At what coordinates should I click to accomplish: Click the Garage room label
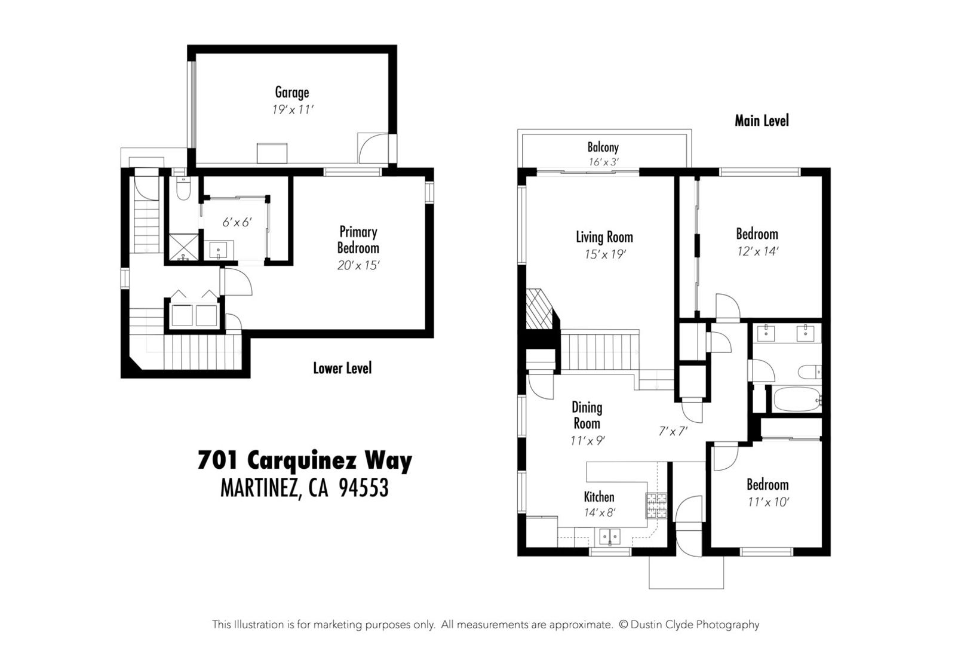point(292,93)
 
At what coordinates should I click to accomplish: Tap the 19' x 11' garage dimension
point(292,110)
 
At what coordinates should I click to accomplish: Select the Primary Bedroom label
point(358,240)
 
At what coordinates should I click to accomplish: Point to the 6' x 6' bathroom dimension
point(237,222)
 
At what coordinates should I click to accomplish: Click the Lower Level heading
point(342,368)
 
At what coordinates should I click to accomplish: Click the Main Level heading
point(762,121)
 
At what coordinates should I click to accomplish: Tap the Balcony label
point(603,148)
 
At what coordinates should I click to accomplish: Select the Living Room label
point(604,237)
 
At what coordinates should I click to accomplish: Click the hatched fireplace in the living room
point(540,309)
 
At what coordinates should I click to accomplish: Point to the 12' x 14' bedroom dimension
point(757,251)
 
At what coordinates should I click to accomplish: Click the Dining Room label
point(587,415)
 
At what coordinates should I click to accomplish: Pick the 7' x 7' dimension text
point(673,431)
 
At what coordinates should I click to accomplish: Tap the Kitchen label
point(598,497)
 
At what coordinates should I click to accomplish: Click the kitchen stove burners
point(656,506)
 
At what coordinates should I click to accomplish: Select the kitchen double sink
point(610,537)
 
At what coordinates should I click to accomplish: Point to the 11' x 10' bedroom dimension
point(768,502)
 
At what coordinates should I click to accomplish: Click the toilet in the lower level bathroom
point(183,189)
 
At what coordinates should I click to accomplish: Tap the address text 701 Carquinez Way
point(305,460)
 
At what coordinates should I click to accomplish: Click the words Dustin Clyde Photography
point(695,624)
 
